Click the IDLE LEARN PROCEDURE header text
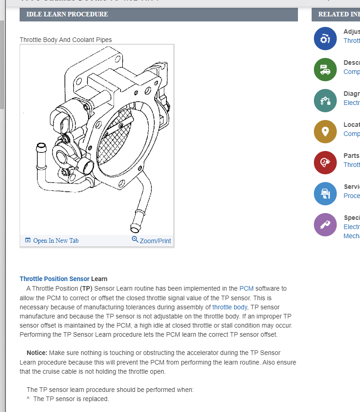67,14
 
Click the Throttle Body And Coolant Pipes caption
65,40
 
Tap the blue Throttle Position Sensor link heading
54,279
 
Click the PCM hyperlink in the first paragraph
246,288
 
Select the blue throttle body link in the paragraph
230,307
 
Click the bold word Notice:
37,353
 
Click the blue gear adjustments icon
325,39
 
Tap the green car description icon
325,70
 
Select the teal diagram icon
325,101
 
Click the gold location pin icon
325,132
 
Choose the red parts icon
325,163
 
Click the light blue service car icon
325,194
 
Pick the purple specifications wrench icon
325,225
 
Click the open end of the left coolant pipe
41,147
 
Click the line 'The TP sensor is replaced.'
71,399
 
